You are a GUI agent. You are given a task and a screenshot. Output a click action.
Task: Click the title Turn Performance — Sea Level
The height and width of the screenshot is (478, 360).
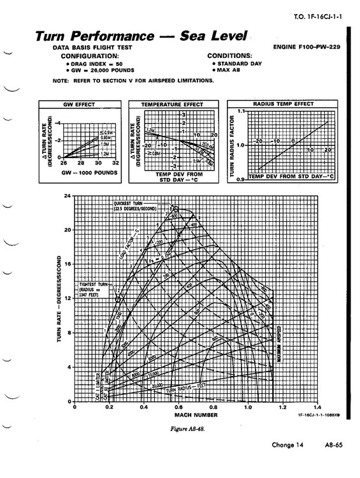[136, 37]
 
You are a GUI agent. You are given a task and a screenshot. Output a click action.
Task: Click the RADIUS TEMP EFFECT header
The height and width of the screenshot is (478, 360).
[282, 104]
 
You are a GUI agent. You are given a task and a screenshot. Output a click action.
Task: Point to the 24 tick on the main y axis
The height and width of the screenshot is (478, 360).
[68, 196]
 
